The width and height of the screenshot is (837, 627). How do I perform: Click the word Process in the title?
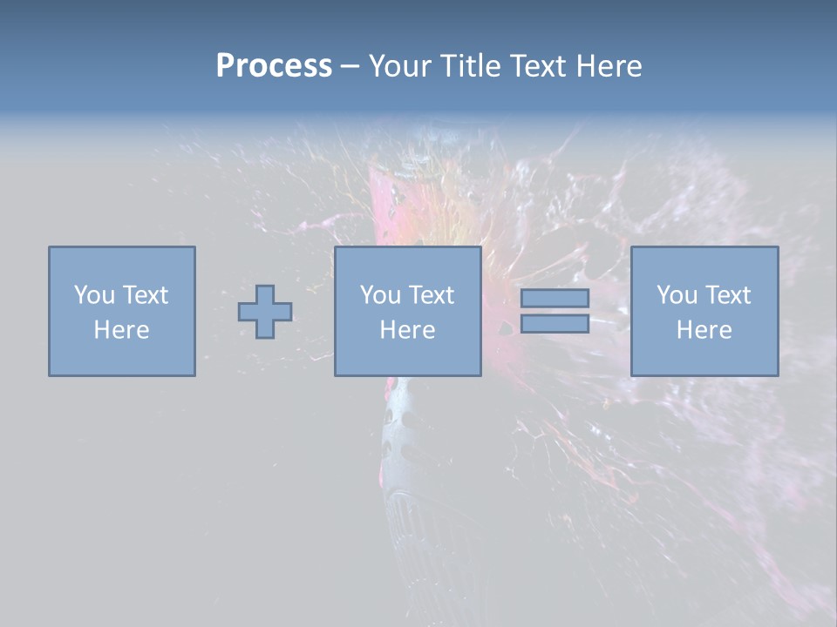[274, 66]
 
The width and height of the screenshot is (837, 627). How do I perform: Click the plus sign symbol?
[265, 312]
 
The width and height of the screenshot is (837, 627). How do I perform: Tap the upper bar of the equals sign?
[555, 298]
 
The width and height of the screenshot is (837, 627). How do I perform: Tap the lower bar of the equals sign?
[555, 323]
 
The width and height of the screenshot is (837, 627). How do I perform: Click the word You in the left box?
[94, 294]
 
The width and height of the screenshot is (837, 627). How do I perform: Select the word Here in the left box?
[121, 330]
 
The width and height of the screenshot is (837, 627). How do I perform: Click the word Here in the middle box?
[407, 330]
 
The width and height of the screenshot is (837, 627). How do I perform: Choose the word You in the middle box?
[380, 294]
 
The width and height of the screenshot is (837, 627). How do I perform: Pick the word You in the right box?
[677, 294]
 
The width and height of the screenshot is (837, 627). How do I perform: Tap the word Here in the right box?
[704, 330]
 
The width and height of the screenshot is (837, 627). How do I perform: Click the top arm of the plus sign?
[265, 293]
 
